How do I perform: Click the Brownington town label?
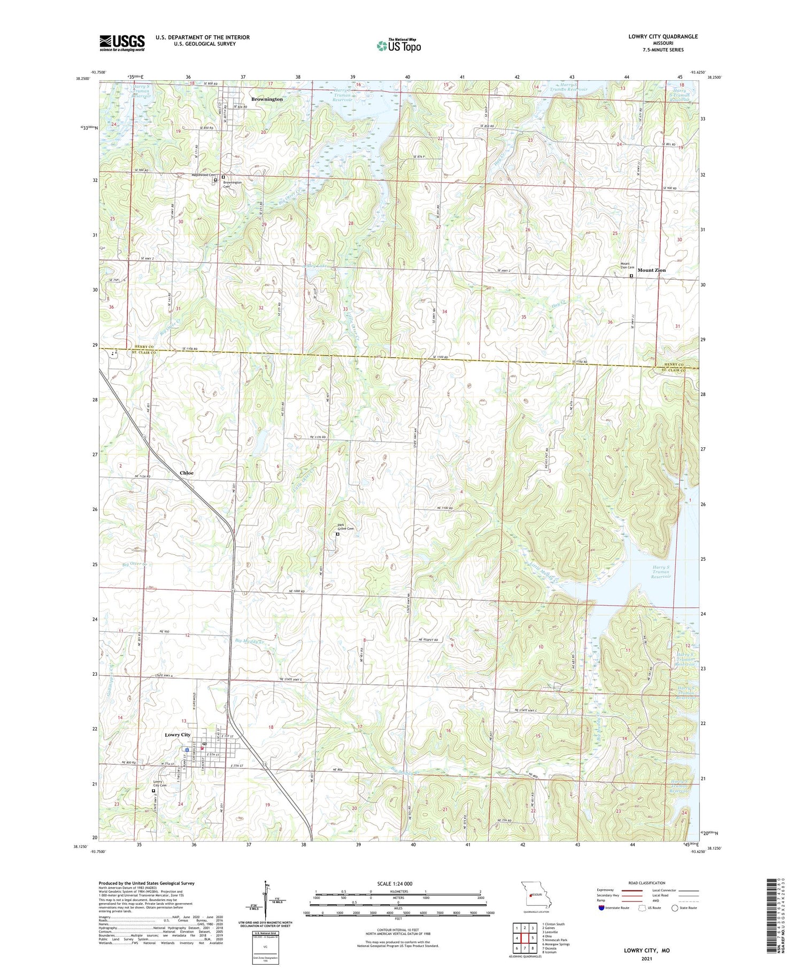267,100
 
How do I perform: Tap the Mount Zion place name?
651,270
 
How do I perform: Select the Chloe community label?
187,473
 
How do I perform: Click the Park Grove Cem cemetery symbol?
337,533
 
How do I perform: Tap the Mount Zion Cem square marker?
631,276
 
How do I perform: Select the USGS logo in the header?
122,43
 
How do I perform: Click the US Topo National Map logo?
398,45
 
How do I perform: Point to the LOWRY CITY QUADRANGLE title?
663,37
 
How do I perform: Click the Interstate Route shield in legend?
601,907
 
